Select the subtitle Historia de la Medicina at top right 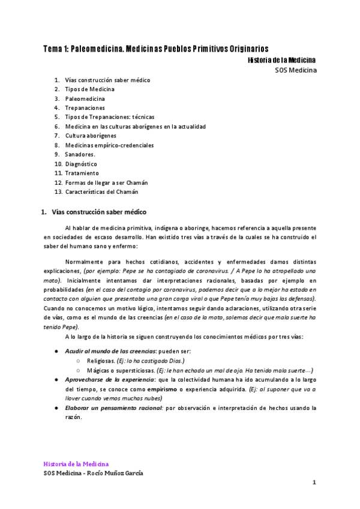pyautogui.click(x=281, y=60)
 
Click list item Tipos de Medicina pyautogui.click(x=90, y=89)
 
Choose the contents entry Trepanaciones pyautogui.click(x=89, y=107)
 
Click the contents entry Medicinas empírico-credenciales pyautogui.click(x=109, y=145)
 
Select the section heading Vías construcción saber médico pyautogui.click(x=99, y=212)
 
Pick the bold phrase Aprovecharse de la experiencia pyautogui.click(x=109, y=379)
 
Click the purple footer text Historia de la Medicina pyautogui.click(x=76, y=464)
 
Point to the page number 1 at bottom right pyautogui.click(x=314, y=483)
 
